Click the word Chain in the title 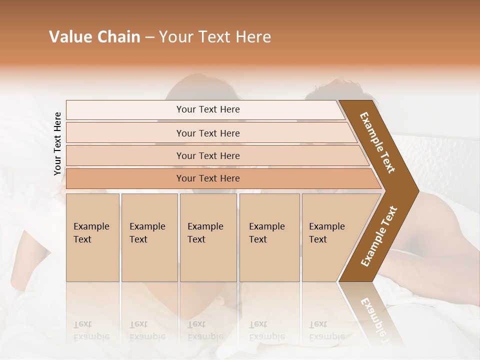(118, 37)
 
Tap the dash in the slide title (149, 37)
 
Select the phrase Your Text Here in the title (215, 37)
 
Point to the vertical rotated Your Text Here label (57, 143)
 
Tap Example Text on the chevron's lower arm (379, 236)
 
